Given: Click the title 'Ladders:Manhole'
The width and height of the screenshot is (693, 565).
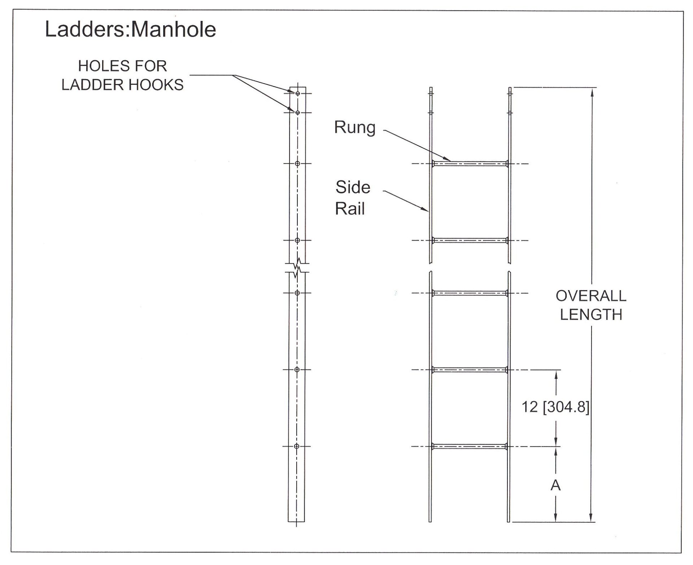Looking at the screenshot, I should (130, 30).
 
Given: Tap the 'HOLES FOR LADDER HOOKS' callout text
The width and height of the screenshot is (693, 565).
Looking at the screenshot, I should (122, 75).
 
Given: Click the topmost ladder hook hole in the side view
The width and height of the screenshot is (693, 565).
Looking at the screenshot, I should (298, 93).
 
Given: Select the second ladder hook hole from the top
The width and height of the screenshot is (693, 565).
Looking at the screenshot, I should (298, 113).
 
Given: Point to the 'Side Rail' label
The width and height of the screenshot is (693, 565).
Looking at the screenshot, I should (352, 198).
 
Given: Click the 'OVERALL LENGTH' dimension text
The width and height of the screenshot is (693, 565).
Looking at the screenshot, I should (591, 305).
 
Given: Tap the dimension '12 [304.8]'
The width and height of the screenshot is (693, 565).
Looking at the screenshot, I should (555, 407).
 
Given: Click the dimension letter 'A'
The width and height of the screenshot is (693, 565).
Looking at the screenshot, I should (555, 486).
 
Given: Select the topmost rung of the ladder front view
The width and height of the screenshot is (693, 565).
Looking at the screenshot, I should (470, 164).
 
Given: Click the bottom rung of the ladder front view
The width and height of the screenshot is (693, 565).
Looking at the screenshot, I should (470, 447).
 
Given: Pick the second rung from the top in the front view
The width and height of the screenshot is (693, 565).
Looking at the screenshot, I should (470, 240).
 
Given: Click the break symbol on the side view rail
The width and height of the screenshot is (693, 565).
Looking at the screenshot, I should (297, 268).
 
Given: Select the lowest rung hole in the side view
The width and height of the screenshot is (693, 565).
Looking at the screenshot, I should (297, 447).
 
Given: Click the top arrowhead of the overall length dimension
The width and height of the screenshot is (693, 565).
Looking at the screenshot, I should (591, 92).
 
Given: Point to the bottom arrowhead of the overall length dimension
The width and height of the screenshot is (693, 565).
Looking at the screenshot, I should (591, 517).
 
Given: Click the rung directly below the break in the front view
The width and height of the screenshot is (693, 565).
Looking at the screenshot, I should (470, 293).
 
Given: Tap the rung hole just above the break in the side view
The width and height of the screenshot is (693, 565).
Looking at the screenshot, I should (297, 240).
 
